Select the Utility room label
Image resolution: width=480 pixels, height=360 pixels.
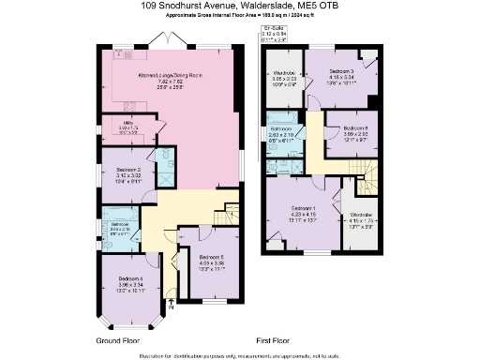127,125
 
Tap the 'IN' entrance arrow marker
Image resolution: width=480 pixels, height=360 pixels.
170,304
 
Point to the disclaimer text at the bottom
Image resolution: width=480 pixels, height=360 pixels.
239,355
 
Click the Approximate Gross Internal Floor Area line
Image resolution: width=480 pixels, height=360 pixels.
239,16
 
